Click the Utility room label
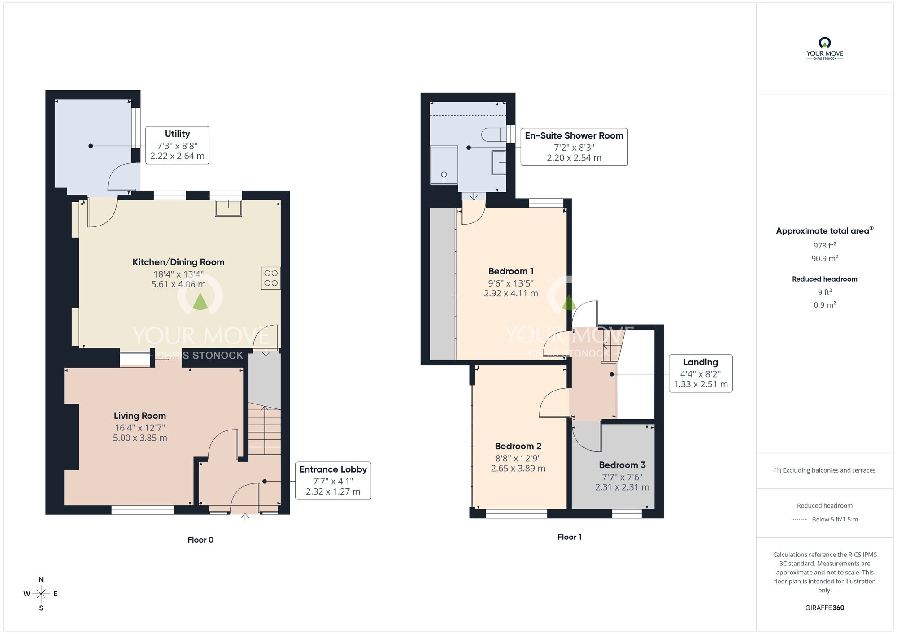(177, 134)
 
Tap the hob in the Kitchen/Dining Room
(271, 278)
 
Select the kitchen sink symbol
(228, 208)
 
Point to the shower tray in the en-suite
(444, 165)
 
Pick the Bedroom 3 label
(622, 465)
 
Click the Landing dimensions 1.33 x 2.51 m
(701, 384)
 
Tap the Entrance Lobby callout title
(333, 469)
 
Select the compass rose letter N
(41, 580)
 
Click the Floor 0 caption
(200, 540)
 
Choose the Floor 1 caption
(569, 537)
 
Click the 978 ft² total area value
(825, 245)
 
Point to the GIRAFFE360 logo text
(825, 608)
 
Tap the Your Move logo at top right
(825, 48)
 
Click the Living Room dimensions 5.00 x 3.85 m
(140, 438)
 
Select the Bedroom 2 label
(518, 446)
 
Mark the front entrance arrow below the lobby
(245, 517)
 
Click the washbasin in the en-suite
(499, 162)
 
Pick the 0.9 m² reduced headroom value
(825, 304)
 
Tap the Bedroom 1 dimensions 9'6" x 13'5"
(511, 283)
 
